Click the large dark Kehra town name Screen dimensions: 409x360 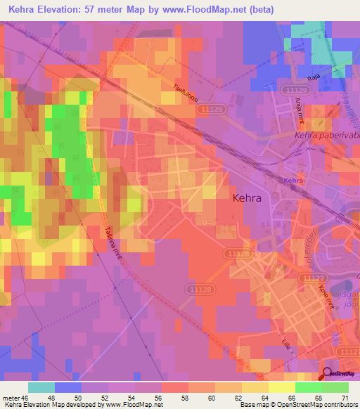[x=246, y=198]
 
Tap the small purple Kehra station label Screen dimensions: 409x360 [x=293, y=181]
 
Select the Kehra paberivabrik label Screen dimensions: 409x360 [x=326, y=136]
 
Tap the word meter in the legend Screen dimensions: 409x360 [x=11, y=397]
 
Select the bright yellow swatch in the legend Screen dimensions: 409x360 [x=281, y=387]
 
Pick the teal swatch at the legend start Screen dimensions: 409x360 [x=41, y=387]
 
